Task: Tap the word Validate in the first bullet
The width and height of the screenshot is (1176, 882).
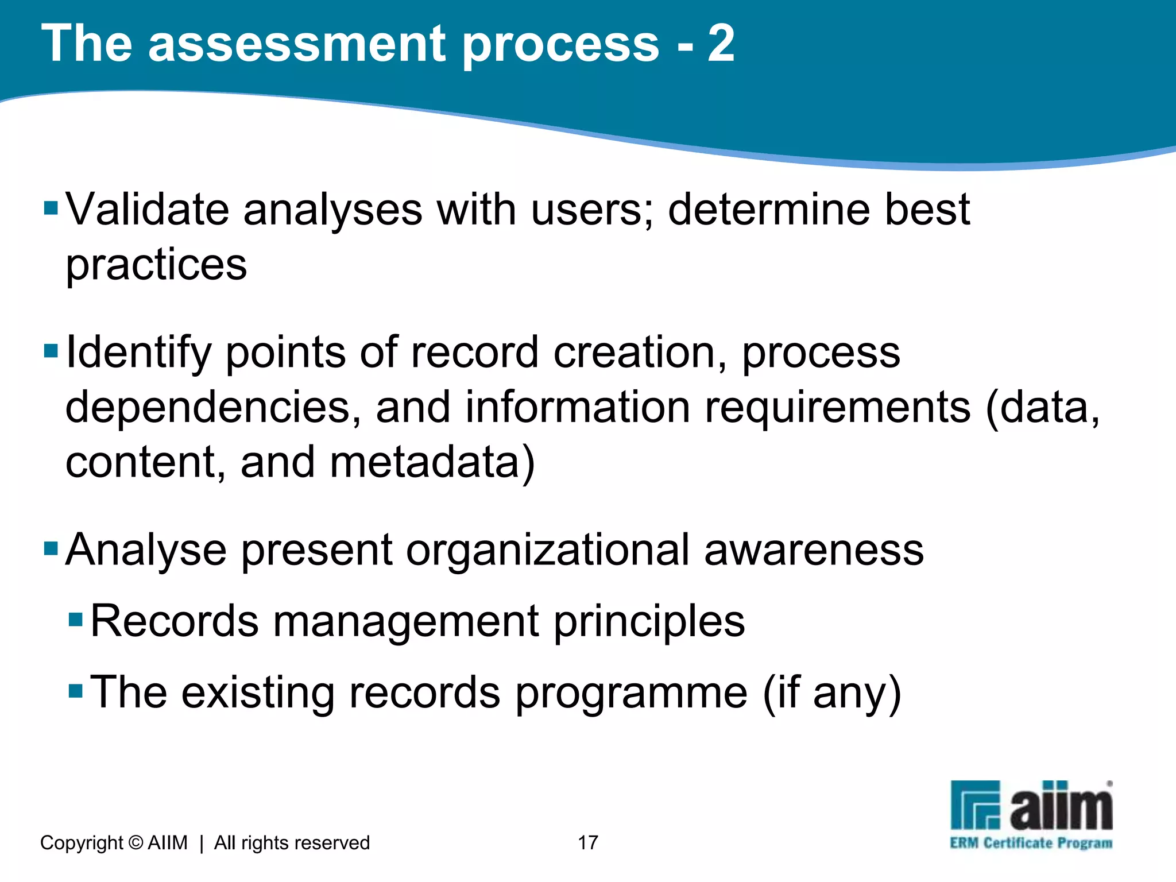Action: (x=147, y=209)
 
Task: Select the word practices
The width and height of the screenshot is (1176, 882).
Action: (x=156, y=265)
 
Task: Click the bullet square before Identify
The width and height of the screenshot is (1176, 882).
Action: (x=51, y=350)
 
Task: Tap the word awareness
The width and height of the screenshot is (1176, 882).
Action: (x=814, y=550)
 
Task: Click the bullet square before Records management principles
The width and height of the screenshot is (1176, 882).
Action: (x=76, y=620)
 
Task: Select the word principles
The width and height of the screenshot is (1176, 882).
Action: (x=649, y=621)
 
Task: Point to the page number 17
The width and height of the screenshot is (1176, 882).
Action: (x=588, y=842)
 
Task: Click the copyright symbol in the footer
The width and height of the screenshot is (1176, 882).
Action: (x=136, y=842)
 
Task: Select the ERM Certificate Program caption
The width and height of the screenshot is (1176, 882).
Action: (x=1031, y=843)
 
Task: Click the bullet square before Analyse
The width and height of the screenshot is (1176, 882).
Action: (x=51, y=548)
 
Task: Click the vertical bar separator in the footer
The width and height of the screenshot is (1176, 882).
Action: (x=202, y=843)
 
